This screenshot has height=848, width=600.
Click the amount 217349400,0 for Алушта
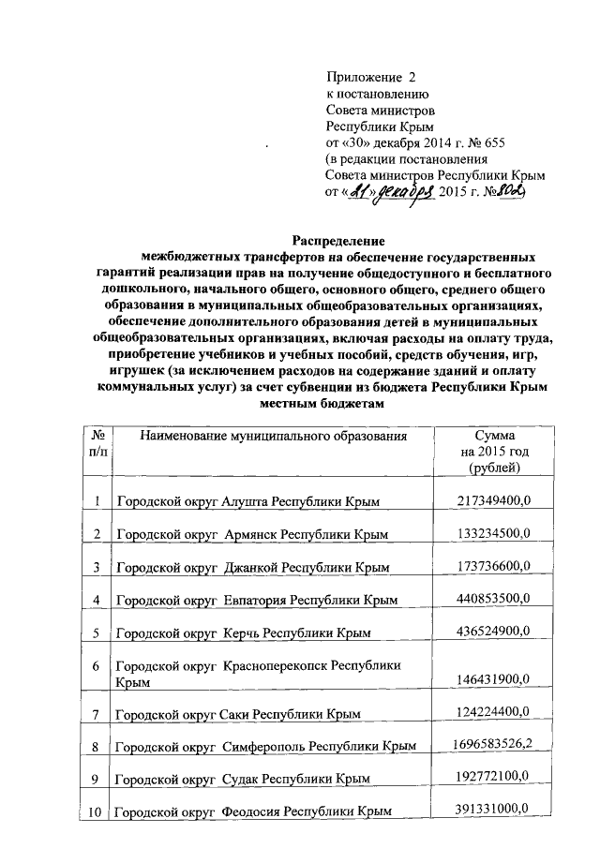point(494,501)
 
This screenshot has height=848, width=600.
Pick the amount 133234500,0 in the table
point(494,533)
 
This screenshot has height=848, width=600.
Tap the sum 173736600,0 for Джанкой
point(494,566)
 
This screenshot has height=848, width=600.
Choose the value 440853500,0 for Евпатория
point(494,599)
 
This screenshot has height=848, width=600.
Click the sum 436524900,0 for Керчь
point(494,632)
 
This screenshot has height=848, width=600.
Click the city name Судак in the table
point(245,779)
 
